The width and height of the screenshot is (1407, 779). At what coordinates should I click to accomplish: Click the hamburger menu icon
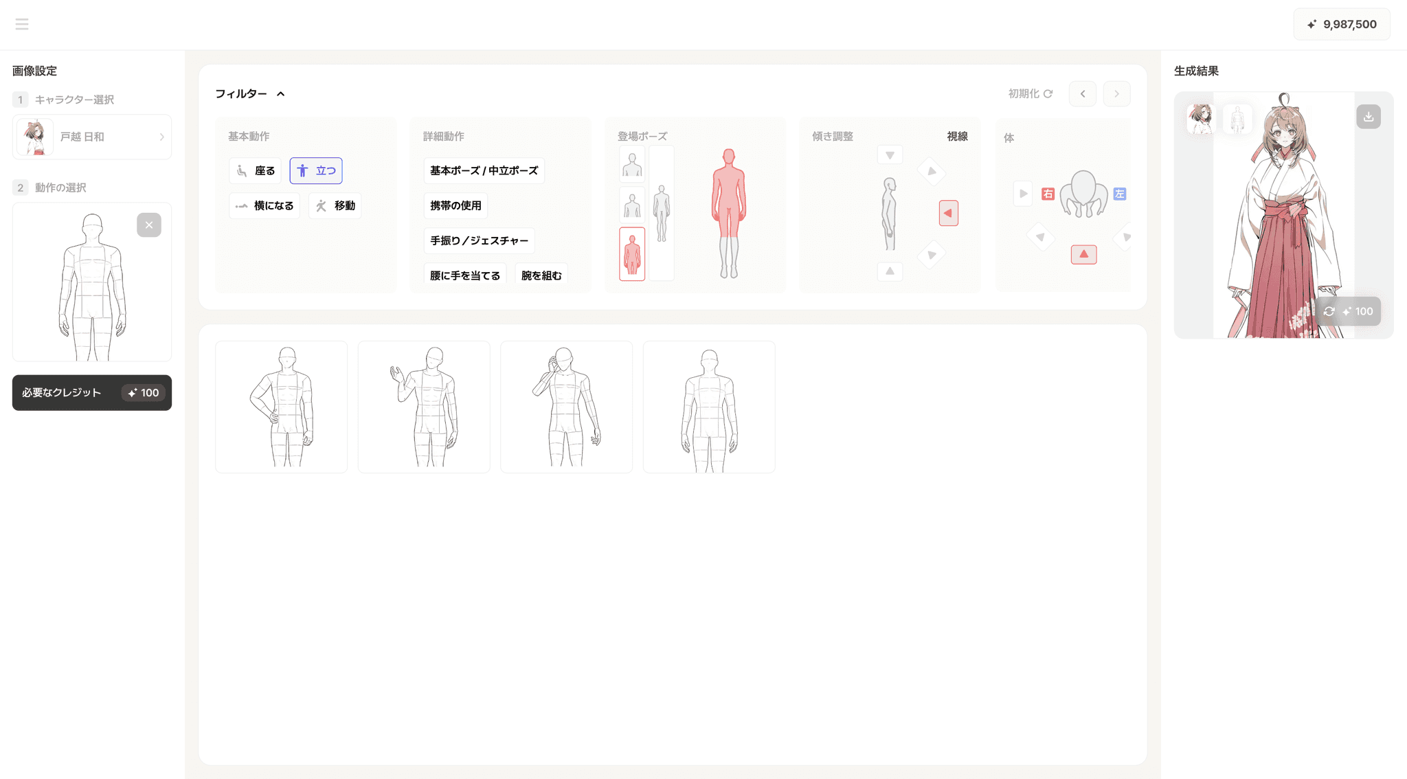[22, 25]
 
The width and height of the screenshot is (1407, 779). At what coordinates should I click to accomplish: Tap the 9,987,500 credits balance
[1342, 25]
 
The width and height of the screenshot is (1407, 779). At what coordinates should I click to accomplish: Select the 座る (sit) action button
[255, 171]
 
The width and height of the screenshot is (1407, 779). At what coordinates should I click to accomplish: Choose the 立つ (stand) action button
[316, 171]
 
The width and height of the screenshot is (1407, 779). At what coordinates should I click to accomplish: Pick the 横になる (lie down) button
[264, 205]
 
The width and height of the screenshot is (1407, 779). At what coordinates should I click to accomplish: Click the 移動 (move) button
[335, 205]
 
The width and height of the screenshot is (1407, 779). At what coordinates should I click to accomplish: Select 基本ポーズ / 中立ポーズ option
[484, 170]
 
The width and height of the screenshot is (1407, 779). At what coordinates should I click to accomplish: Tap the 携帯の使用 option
[455, 205]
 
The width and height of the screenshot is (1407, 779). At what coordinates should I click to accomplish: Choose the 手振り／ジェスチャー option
[479, 240]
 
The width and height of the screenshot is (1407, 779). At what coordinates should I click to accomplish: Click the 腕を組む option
[541, 275]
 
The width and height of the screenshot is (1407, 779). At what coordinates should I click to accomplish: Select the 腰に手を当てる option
[465, 275]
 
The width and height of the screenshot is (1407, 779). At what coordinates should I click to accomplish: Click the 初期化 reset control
[1030, 93]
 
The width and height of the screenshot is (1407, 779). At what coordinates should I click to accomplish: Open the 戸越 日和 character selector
[92, 137]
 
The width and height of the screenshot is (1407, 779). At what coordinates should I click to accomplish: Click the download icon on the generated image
[1369, 117]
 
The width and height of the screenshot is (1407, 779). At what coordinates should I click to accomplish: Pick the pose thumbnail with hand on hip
[281, 407]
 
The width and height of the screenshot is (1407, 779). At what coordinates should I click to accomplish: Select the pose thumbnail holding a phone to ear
[566, 407]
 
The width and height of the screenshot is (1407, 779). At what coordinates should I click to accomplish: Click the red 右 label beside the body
[1048, 194]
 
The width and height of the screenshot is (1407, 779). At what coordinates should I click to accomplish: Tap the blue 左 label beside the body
[1120, 194]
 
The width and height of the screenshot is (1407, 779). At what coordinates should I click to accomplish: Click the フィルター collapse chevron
[280, 94]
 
